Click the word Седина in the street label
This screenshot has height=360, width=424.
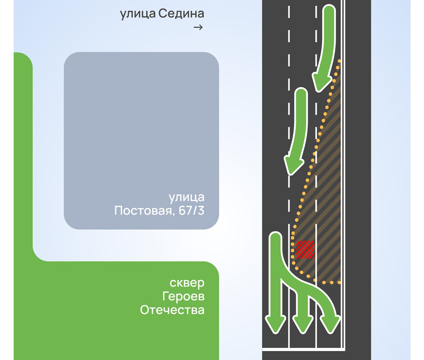(181, 14)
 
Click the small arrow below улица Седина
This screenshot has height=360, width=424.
(198, 28)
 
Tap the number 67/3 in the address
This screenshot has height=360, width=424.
(191, 210)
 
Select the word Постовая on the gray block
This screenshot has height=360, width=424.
(143, 210)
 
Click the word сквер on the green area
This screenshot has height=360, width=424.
(187, 283)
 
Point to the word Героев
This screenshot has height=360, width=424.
(183, 296)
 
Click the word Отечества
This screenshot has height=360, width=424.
(172, 310)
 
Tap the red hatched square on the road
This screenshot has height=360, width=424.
(305, 249)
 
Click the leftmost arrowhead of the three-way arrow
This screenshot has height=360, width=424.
(276, 324)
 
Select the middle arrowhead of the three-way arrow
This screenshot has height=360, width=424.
(303, 324)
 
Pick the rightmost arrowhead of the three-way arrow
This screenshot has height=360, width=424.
(330, 324)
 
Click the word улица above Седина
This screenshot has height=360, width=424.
(138, 14)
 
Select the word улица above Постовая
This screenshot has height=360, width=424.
(187, 197)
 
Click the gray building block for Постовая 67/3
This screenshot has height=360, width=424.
(142, 141)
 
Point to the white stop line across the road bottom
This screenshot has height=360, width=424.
(304, 350)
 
